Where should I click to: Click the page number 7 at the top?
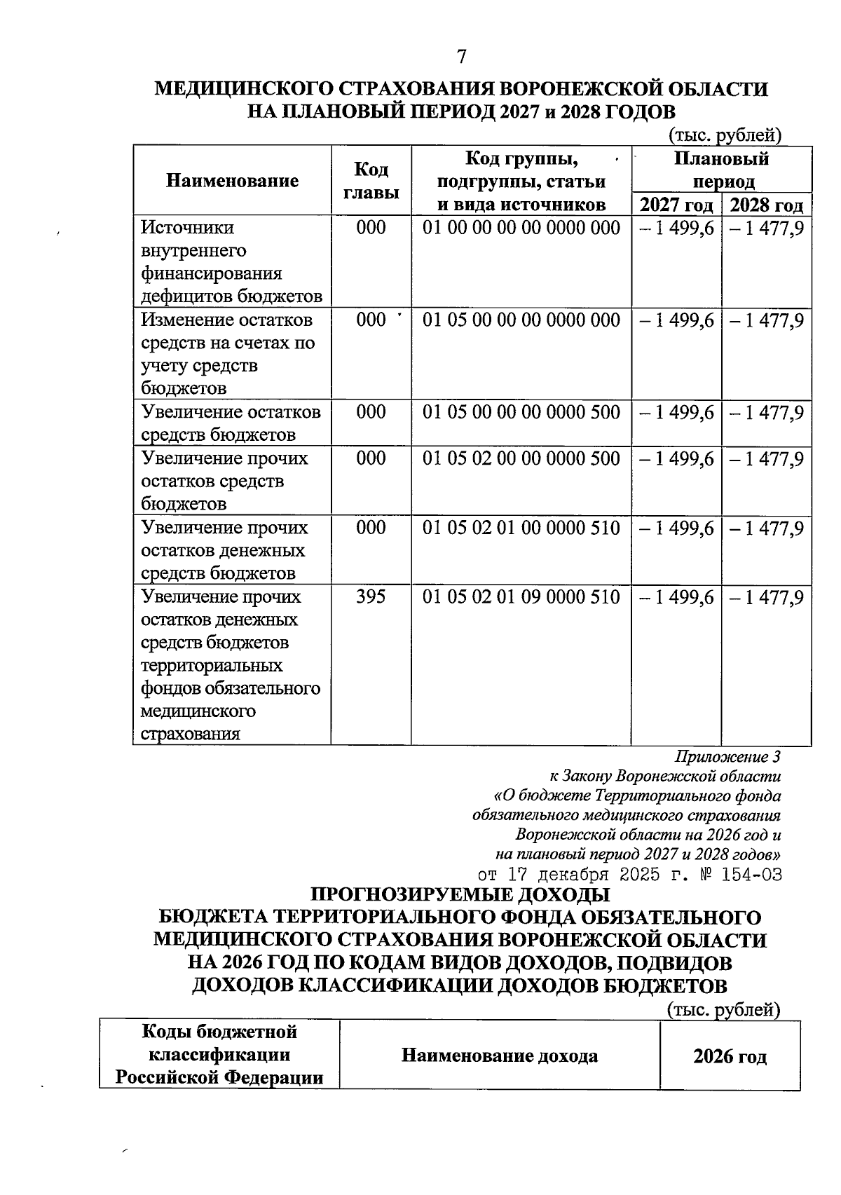point(460,57)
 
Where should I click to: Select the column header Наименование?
point(232,181)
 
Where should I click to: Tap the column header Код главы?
point(371,181)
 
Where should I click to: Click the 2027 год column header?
point(676,205)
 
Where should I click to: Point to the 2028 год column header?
point(766,205)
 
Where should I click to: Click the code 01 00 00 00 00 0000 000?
point(521,228)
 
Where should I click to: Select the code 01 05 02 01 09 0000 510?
point(521,597)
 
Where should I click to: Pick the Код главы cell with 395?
point(371,597)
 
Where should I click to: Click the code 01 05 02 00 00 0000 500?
point(521,458)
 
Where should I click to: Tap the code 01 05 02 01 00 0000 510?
point(521,528)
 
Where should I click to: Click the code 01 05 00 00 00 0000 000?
point(521,320)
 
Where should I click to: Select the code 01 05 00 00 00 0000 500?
point(521,412)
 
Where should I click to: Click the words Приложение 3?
point(727,757)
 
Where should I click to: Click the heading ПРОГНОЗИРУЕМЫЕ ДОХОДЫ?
point(460,895)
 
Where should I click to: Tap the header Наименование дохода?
point(499,1056)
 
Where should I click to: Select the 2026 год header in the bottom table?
point(730,1056)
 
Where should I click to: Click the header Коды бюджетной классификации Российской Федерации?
point(219,1054)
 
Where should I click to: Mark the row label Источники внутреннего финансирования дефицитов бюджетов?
point(231,261)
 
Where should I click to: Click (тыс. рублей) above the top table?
point(724,134)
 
